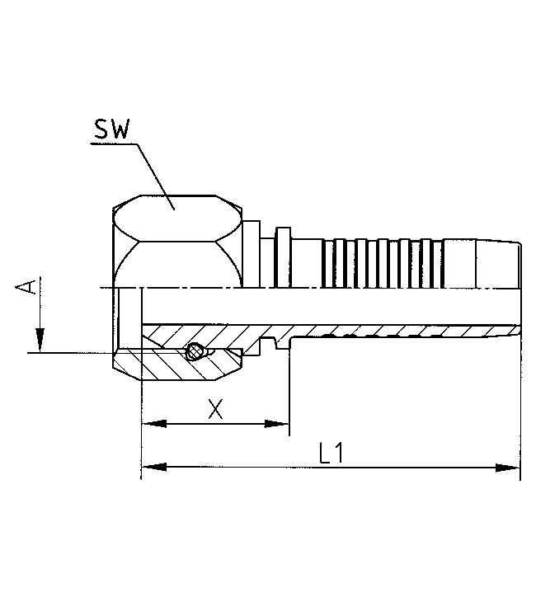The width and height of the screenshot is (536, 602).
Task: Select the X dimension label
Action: [x=215, y=409]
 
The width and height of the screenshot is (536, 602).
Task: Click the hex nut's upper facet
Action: [x=175, y=217]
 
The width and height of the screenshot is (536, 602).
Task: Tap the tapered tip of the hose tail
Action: [x=511, y=264]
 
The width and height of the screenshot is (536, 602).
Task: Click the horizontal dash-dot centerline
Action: [x=330, y=288]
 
